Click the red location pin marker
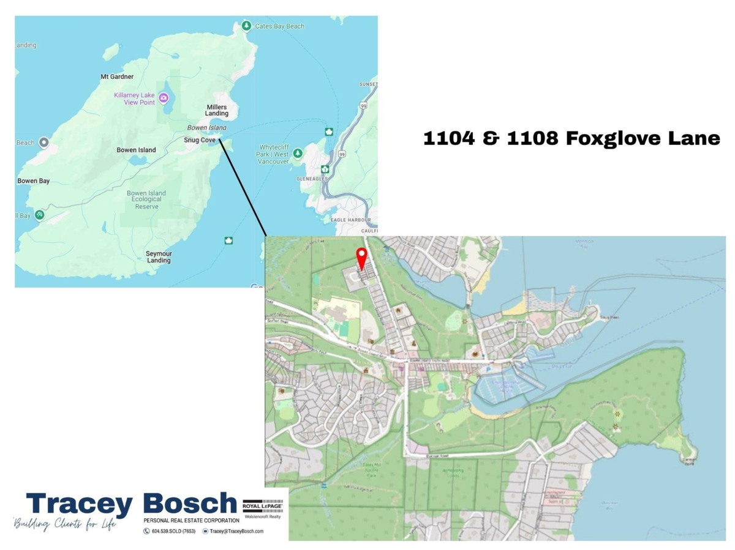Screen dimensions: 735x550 tap(361, 257)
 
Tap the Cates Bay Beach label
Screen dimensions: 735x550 tap(279, 26)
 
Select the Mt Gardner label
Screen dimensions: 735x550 tap(117, 76)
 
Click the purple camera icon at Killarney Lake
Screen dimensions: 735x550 tap(164, 98)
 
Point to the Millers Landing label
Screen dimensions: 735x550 tap(217, 110)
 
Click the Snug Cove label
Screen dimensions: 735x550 tap(200, 140)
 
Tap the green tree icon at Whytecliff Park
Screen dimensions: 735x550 tap(298, 153)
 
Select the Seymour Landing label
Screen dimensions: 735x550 tap(159, 257)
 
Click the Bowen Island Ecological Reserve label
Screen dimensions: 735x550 tap(146, 200)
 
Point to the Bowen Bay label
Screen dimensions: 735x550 tap(34, 181)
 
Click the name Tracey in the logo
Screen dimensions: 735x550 tap(79, 505)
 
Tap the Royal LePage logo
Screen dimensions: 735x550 tap(263, 507)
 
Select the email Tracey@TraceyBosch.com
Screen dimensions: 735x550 tap(236, 531)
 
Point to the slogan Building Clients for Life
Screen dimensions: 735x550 tap(64, 524)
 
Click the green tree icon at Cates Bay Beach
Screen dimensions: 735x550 tap(246, 26)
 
